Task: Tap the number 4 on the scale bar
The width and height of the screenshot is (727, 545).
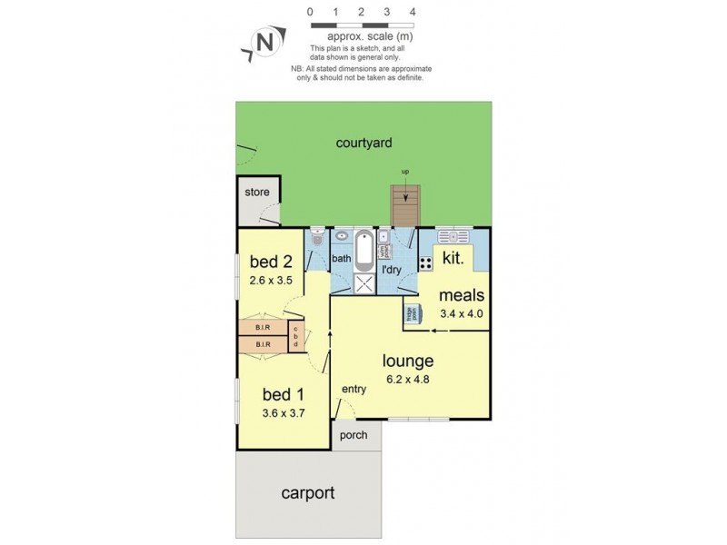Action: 413,12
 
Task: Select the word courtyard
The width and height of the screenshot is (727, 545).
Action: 363,143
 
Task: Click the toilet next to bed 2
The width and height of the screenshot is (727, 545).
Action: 316,239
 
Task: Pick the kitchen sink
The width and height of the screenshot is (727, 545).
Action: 452,237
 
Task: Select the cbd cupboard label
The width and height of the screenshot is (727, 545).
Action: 295,337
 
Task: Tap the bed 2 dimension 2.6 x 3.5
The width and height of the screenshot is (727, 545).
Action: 272,280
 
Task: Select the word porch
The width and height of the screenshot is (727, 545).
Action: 354,435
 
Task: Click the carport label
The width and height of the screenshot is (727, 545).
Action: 307,494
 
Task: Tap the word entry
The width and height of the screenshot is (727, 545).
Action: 354,390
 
